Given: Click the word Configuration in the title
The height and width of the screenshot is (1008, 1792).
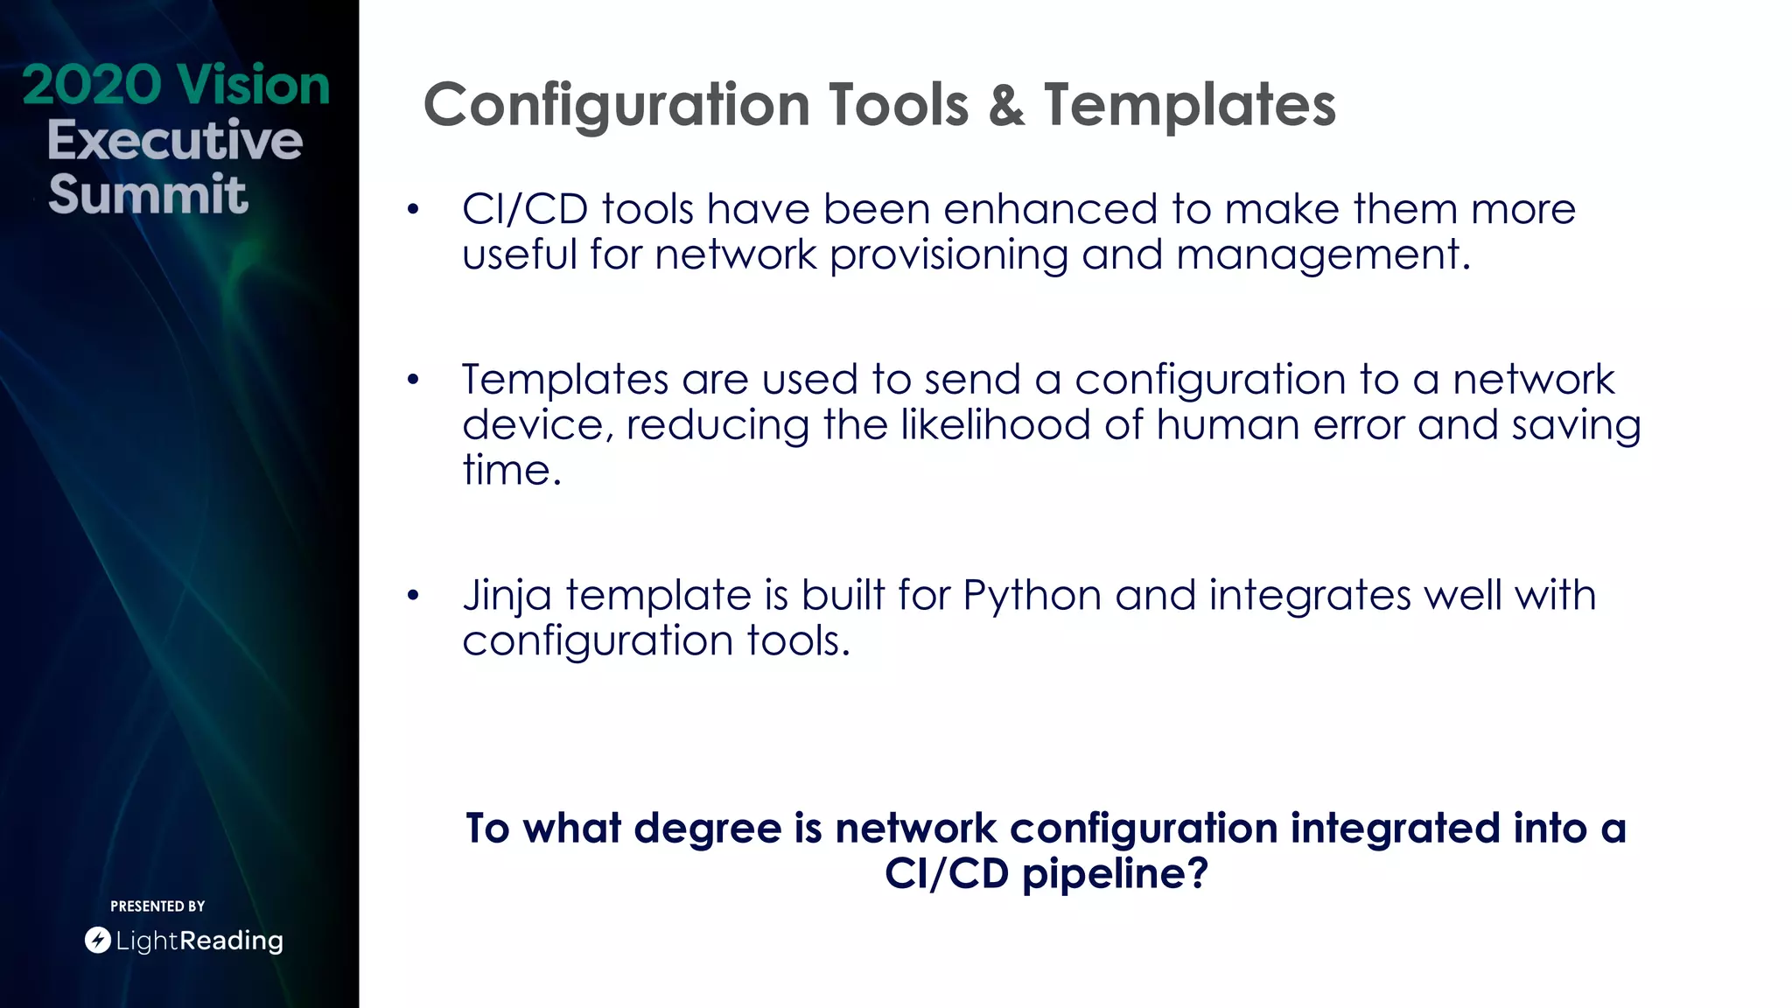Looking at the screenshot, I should pyautogui.click(x=617, y=106).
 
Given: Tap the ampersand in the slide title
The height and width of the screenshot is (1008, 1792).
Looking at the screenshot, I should pyautogui.click(x=1006, y=106).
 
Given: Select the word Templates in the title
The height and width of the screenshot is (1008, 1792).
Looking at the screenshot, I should pyautogui.click(x=1189, y=106).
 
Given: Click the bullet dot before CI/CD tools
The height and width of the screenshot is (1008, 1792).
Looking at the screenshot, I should pyautogui.click(x=413, y=210).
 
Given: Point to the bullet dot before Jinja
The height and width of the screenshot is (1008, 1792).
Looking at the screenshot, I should pyautogui.click(x=413, y=597).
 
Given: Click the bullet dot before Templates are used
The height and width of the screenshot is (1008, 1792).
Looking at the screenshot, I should pyautogui.click(x=413, y=381).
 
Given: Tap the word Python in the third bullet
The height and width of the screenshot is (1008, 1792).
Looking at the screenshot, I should pyautogui.click(x=1032, y=597).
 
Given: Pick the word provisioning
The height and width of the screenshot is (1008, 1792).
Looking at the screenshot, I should pyautogui.click(x=948, y=255).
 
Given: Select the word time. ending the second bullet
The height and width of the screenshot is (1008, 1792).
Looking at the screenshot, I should pyautogui.click(x=511, y=471).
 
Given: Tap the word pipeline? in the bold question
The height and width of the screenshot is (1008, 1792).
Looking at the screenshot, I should pyautogui.click(x=1116, y=873).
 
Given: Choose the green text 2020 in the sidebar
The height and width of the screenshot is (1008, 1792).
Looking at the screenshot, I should pyautogui.click(x=92, y=86).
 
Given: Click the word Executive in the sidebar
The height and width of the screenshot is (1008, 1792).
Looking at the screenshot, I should pyautogui.click(x=174, y=140).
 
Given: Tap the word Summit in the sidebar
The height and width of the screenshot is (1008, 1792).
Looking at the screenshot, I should pyautogui.click(x=148, y=194).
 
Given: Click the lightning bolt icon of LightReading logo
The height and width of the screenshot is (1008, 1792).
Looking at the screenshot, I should pyautogui.click(x=97, y=941).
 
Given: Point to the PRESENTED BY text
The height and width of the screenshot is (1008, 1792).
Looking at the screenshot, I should pyautogui.click(x=157, y=906).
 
